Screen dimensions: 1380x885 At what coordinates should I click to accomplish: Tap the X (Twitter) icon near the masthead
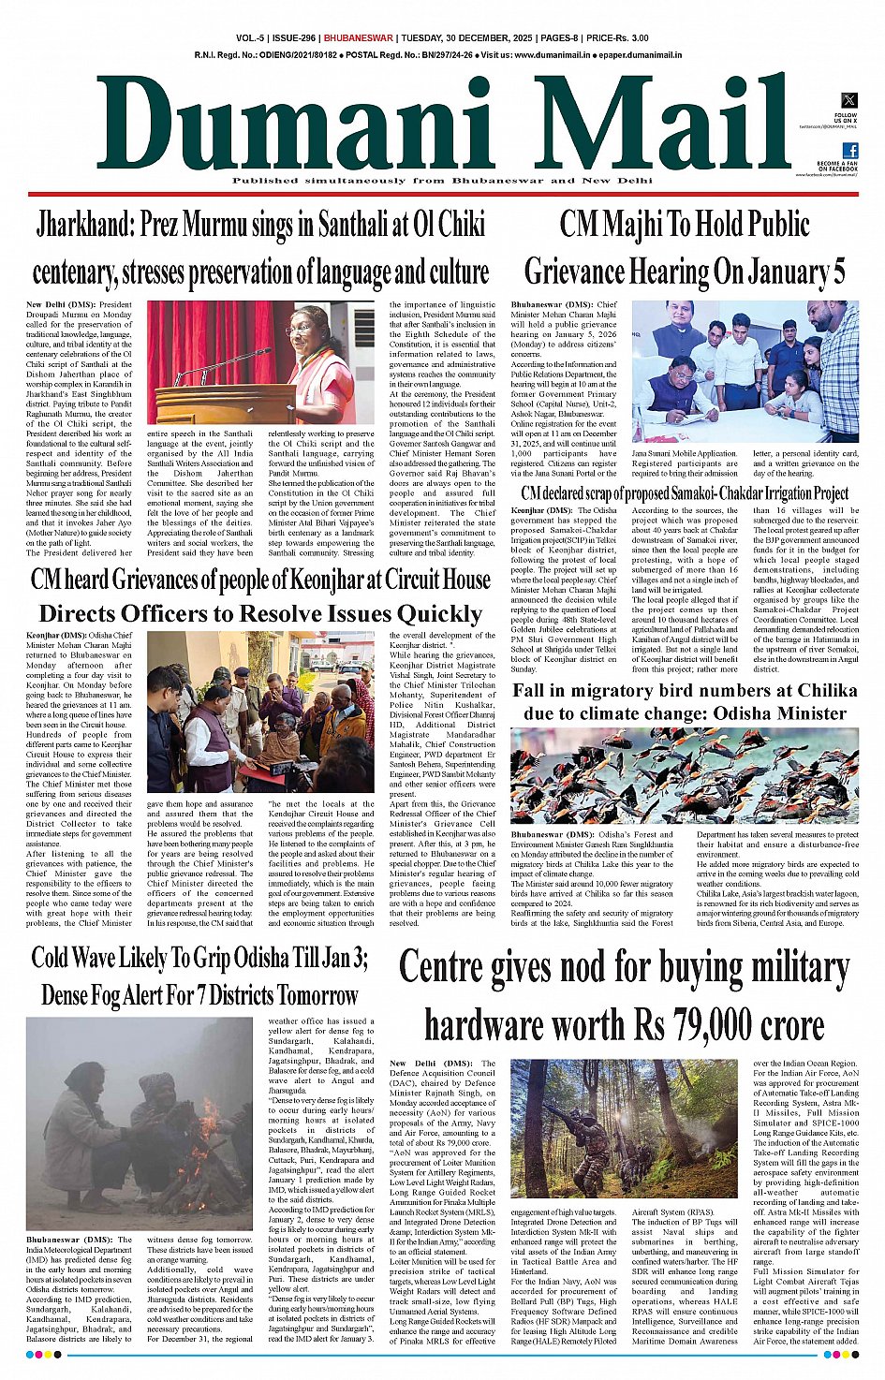pyautogui.click(x=849, y=100)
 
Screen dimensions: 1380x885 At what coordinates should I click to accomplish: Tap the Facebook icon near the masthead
pyautogui.click(x=849, y=151)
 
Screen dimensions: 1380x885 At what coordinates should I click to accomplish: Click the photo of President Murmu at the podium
pyautogui.click(x=260, y=361)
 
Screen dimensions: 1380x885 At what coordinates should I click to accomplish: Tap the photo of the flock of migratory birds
pyautogui.click(x=684, y=776)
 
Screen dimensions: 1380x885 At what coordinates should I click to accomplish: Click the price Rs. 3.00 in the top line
pyautogui.click(x=627, y=38)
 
